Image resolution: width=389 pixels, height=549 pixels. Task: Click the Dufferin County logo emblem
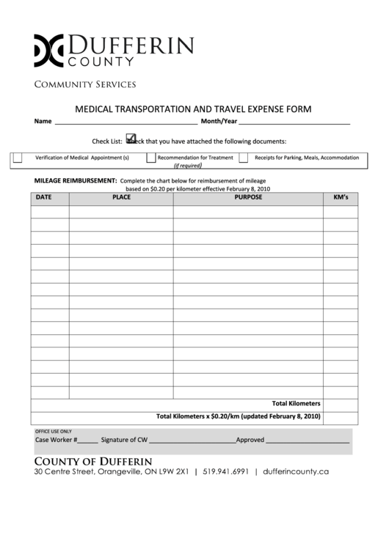[49, 50]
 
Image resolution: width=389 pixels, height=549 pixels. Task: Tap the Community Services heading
[85, 84]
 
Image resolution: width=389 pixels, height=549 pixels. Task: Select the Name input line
[125, 122]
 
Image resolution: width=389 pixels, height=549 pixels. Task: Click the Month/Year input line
[294, 122]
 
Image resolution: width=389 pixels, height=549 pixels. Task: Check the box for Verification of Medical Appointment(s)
[18, 158]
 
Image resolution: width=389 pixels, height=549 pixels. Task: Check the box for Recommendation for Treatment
[150, 158]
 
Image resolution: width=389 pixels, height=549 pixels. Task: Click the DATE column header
[44, 197]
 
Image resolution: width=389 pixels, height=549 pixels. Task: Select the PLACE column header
[122, 197]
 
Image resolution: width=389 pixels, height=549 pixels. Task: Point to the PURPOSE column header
[248, 197]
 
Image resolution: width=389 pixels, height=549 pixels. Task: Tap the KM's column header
[341, 197]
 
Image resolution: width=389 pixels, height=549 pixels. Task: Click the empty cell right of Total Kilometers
[341, 404]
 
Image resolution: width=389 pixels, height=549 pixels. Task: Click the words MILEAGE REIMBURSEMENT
[76, 180]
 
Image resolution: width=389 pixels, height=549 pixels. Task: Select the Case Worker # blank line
[87, 441]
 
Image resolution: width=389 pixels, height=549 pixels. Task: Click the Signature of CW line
[192, 441]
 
